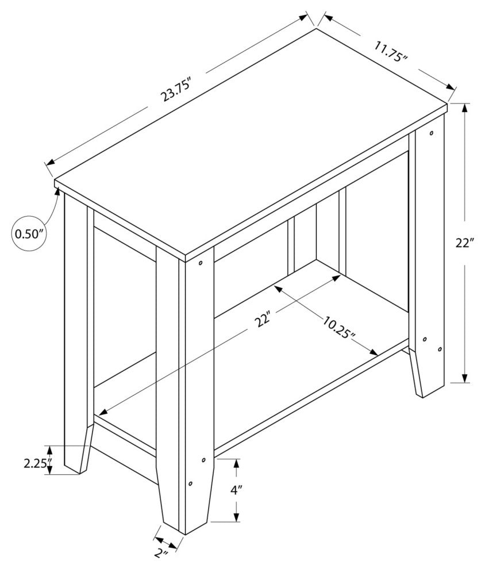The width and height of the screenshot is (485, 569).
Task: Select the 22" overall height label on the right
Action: [465, 243]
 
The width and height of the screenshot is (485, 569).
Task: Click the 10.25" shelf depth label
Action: [338, 327]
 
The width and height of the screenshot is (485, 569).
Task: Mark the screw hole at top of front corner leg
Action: [201, 262]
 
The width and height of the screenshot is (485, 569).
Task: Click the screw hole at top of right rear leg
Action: [432, 133]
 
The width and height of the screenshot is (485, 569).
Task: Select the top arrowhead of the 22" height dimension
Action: [465, 108]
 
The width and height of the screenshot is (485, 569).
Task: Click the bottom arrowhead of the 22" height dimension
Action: [465, 378]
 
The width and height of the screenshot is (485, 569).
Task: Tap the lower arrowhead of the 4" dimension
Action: [236, 517]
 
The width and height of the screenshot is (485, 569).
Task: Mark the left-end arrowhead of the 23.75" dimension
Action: [50, 162]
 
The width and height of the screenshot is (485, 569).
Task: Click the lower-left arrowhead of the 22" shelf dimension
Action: [103, 412]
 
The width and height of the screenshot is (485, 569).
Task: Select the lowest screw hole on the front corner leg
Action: [190, 484]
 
